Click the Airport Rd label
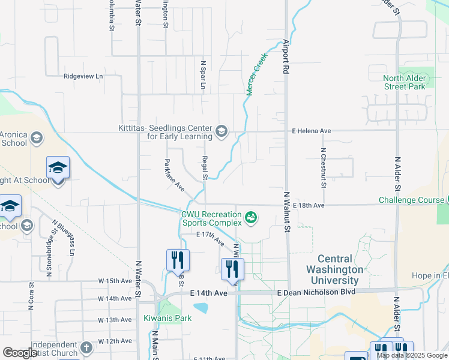(x=286, y=57)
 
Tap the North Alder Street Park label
(x=405, y=82)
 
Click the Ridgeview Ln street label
(x=83, y=76)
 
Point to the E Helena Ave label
(x=312, y=131)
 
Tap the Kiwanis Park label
(x=167, y=318)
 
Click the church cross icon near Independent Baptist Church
(x=86, y=347)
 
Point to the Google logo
(x=20, y=353)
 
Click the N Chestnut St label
(x=323, y=167)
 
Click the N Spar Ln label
(x=203, y=75)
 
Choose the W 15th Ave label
(x=115, y=281)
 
